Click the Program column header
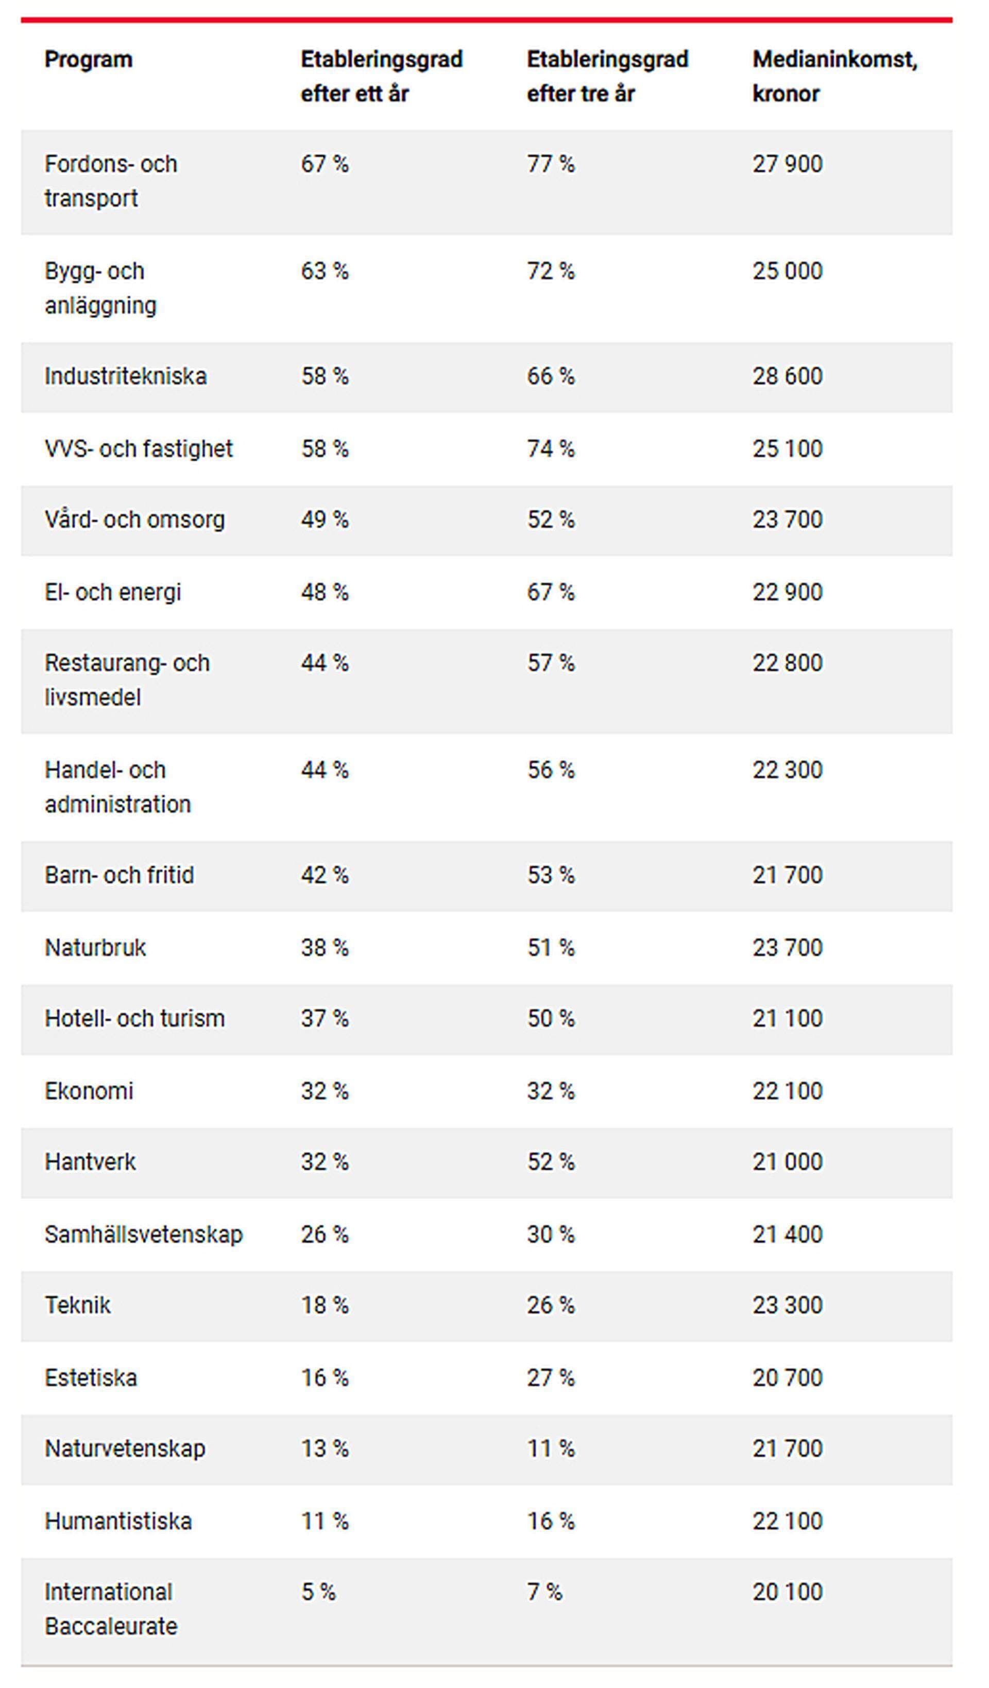(89, 60)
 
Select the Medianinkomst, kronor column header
(834, 76)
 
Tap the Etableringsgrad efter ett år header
(381, 76)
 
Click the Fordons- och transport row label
(111, 181)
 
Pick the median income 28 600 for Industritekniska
(787, 376)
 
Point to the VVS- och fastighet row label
(139, 449)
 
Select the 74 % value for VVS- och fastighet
(550, 449)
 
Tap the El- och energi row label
(113, 592)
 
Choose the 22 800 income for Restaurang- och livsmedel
(787, 663)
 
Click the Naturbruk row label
(95, 948)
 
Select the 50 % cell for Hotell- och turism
(550, 1019)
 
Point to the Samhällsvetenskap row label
(143, 1234)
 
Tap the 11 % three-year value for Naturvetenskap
(550, 1449)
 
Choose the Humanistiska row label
(118, 1521)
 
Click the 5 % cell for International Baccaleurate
(318, 1592)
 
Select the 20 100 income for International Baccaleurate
(787, 1592)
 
